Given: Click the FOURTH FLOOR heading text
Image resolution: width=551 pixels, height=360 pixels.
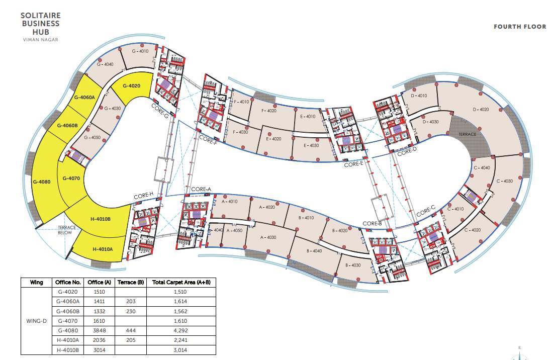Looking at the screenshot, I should tap(520, 27).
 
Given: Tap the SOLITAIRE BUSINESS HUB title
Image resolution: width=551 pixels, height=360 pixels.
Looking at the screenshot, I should tap(40, 23).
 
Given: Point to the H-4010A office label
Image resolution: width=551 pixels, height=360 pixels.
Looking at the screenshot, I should tap(102, 249).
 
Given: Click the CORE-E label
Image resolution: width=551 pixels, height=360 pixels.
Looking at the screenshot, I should tap(353, 164).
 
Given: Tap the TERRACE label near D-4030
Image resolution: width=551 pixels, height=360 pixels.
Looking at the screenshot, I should tap(467, 135).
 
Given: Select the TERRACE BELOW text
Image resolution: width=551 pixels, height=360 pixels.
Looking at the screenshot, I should tap(67, 230).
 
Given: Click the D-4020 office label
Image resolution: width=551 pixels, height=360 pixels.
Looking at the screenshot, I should tap(481, 110).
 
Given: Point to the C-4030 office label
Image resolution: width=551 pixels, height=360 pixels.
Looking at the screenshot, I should tap(504, 181).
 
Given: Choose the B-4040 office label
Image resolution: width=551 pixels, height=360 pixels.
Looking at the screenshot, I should tap(314, 251).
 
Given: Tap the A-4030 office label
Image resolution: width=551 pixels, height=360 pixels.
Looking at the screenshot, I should tap(268, 237).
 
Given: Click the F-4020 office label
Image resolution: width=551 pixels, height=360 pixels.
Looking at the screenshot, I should tap(269, 111).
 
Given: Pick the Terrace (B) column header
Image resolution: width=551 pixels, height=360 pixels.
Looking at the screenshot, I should tap(130, 282).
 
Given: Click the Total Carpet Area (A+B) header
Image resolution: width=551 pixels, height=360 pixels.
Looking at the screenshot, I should tap(178, 282).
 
